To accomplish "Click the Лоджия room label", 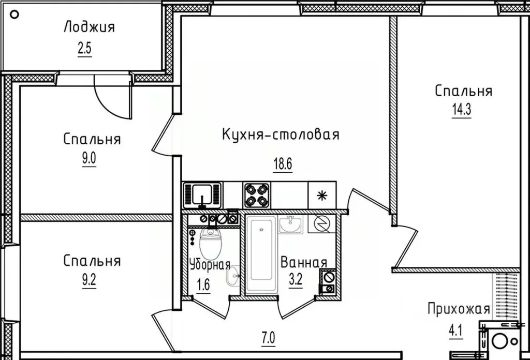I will tap(89, 27).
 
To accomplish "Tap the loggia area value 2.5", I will tap(84, 51).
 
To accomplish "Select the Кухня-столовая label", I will tap(281, 135).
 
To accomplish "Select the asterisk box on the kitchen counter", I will tap(322, 194).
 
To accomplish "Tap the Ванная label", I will tap(303, 262).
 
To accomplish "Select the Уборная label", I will tap(209, 265).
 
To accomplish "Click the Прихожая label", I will tap(458, 309).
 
